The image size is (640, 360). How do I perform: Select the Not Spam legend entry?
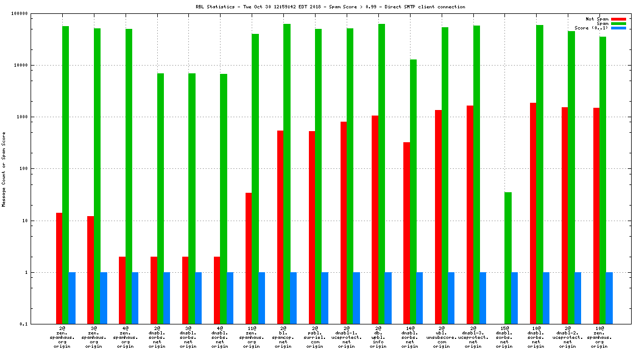597,19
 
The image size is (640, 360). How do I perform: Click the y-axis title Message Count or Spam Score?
4,169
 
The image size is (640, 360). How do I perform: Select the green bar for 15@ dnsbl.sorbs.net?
508,258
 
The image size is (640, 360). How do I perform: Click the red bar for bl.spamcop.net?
280,227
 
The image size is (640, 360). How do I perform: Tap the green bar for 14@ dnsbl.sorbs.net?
413,192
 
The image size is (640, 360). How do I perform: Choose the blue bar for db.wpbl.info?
388,298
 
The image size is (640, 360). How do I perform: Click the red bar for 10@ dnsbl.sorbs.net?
533,213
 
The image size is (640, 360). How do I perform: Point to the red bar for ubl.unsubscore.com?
438,217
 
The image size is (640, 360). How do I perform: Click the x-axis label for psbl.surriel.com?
315,337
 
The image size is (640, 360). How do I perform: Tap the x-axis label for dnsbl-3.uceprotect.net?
473,337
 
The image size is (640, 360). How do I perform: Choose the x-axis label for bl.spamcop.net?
283,337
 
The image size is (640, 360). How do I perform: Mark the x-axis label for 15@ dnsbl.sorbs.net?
504,337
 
